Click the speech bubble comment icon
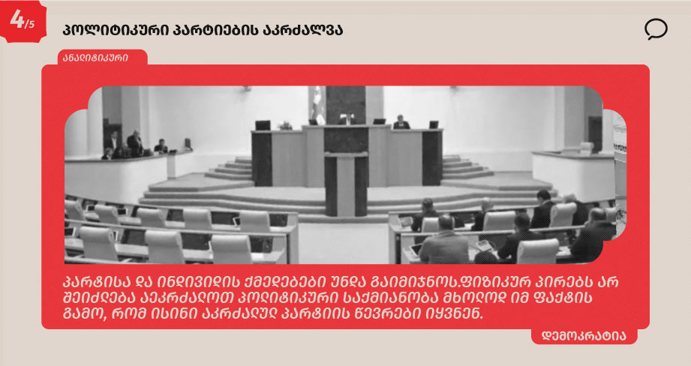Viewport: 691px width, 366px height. (656, 29)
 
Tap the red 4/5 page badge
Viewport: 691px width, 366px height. (23, 21)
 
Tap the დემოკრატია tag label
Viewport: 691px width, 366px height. (584, 336)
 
